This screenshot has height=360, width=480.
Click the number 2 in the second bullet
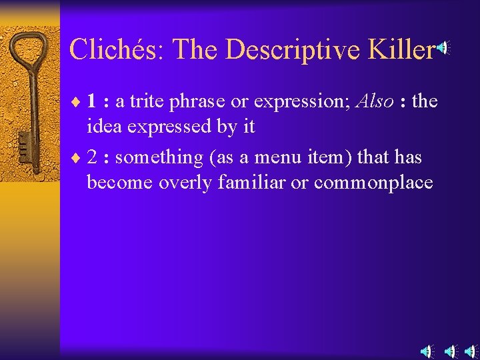[x=93, y=157]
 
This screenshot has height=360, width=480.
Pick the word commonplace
[x=373, y=183]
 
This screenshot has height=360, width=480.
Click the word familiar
[x=263, y=182]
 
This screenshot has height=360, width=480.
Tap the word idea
[x=102, y=126]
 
